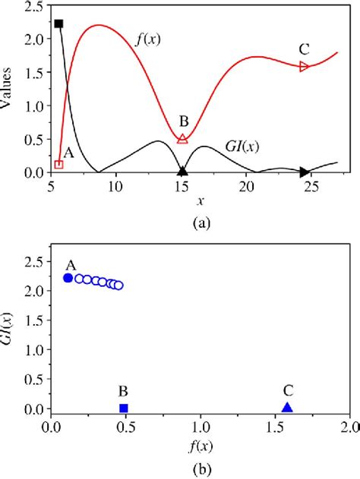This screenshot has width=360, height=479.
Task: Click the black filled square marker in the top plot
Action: pyautogui.click(x=59, y=24)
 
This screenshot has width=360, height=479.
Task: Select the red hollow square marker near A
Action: pyautogui.click(x=59, y=165)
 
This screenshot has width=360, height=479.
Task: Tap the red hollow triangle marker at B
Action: pyautogui.click(x=182, y=139)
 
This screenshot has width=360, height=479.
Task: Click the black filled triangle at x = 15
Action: pyautogui.click(x=182, y=170)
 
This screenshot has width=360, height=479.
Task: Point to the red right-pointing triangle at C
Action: pyautogui.click(x=305, y=67)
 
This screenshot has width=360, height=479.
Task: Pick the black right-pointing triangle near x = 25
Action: pyautogui.click(x=305, y=172)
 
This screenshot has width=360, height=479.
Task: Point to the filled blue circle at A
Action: pyautogui.click(x=68, y=278)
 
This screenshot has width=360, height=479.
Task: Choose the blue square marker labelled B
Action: pyautogui.click(x=124, y=408)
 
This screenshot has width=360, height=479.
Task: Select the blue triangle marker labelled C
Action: pyautogui.click(x=287, y=408)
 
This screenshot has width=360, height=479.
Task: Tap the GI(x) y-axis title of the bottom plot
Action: pyautogui.click(x=12, y=328)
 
